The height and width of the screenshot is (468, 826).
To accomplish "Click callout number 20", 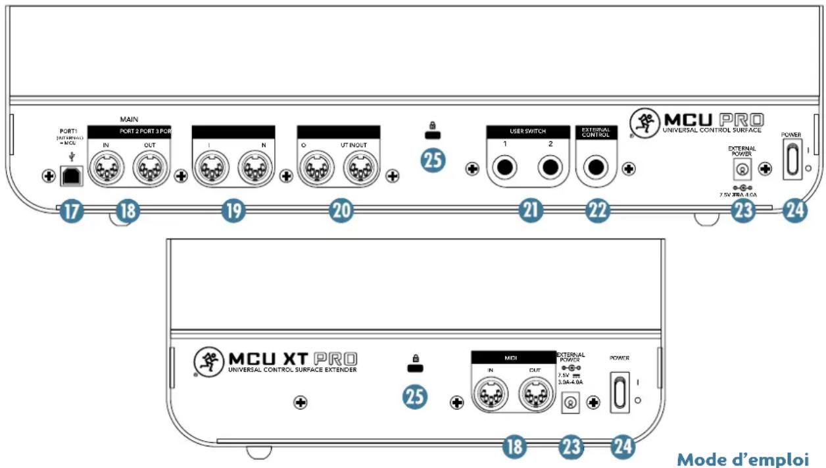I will pyautogui.click(x=342, y=211).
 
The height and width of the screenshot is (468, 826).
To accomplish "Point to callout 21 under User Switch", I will pyautogui.click(x=531, y=211).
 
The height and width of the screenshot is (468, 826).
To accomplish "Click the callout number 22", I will pyautogui.click(x=598, y=211).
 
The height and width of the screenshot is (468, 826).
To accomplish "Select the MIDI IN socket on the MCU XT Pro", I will pyautogui.click(x=490, y=396).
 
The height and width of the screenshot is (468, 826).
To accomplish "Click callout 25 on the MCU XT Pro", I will pyautogui.click(x=415, y=396).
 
